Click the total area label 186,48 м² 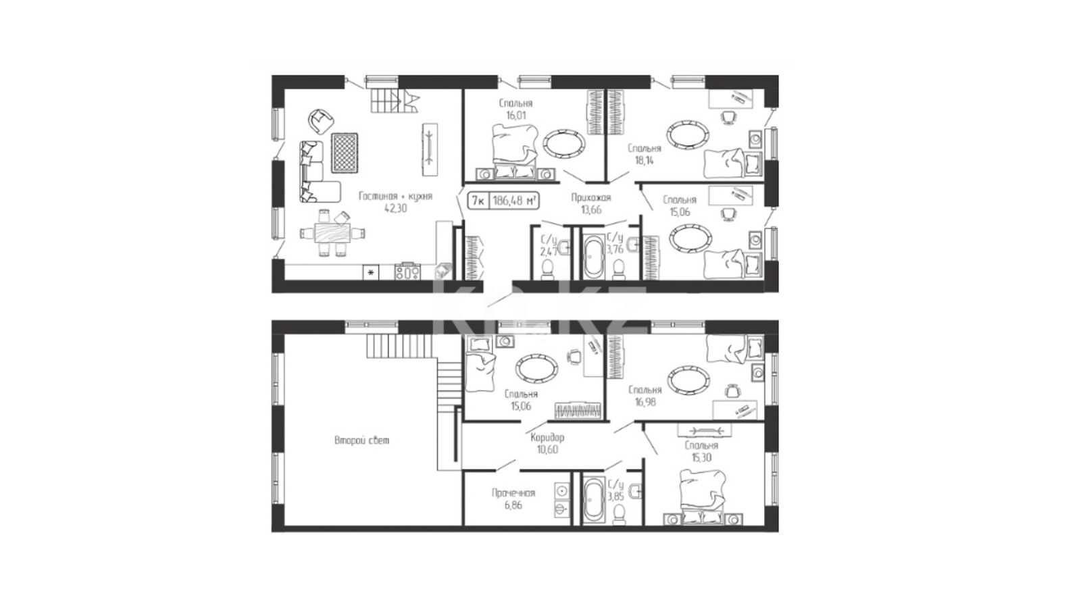point(514,201)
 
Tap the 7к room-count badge point(478,201)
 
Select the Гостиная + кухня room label point(396,197)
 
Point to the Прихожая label point(591,197)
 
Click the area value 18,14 point(645,161)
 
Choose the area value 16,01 point(516,116)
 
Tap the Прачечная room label point(513,492)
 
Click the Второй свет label point(361,440)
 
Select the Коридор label point(547,438)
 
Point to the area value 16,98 point(645,401)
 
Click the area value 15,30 point(701,458)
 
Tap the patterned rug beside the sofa point(345,153)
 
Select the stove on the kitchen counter point(408,272)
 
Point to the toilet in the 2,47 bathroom point(548,270)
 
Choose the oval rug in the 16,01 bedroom point(564,143)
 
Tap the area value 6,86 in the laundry point(513,505)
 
